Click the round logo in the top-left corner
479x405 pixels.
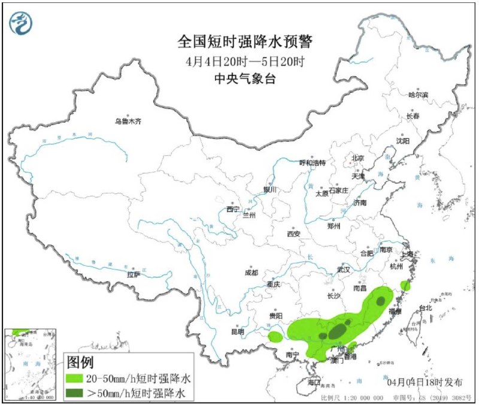[x=21, y=23]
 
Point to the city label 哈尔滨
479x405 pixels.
[x=418, y=95]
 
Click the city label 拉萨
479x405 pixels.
[x=133, y=274]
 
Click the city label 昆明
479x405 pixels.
[x=237, y=331]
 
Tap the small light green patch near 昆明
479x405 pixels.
[x=275, y=337]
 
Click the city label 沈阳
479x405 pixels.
[x=402, y=141]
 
